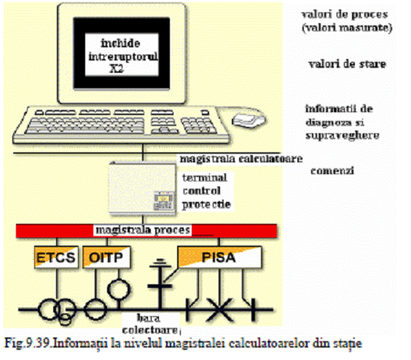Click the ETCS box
tap(56, 257)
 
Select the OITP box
tap(106, 257)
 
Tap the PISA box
tap(219, 257)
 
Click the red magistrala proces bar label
tap(143, 230)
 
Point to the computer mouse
tap(248, 121)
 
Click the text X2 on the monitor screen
tap(117, 69)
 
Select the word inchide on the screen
tap(120, 43)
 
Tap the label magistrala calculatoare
tap(241, 159)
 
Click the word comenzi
tap(332, 171)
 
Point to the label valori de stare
tap(348, 64)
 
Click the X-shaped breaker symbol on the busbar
tap(220, 310)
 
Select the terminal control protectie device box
tap(142, 189)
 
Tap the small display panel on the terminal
tap(164, 201)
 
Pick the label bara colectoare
tap(150, 324)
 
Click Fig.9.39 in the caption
tap(28, 343)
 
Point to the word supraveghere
tap(342, 136)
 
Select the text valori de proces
tap(345, 15)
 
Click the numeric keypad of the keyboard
tap(198, 126)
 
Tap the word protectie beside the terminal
tap(206, 205)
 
